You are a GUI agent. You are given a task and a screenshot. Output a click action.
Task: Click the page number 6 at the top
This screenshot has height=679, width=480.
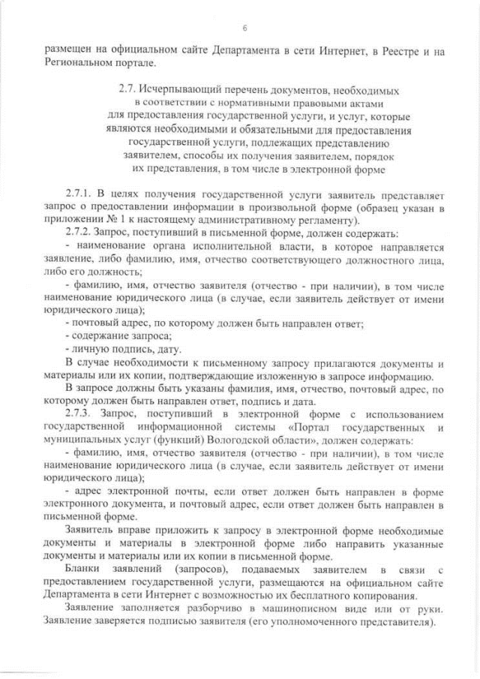[x=244, y=29]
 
